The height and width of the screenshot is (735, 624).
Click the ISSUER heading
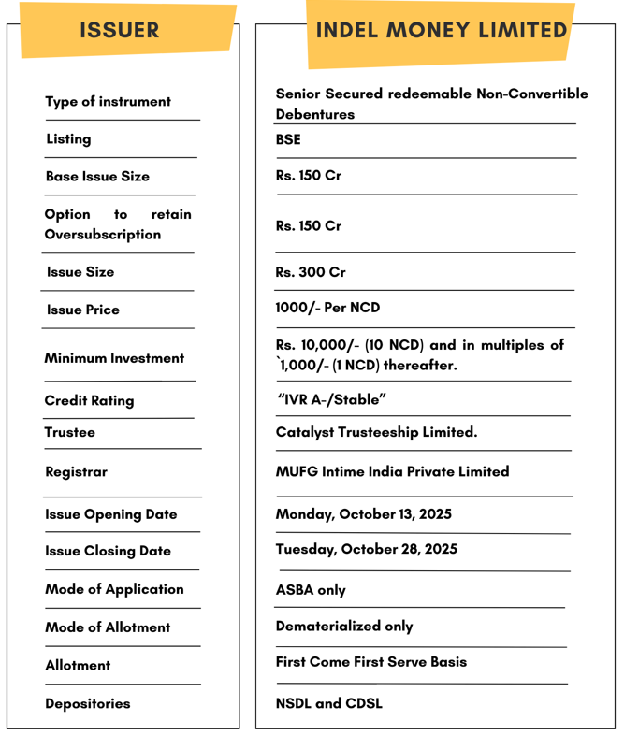120,30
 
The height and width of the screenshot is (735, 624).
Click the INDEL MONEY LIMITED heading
442,30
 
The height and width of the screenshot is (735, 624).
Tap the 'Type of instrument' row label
109,101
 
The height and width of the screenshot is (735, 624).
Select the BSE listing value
288,139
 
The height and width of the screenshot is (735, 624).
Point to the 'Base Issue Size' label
97,176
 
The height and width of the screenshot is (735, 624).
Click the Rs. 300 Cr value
311,272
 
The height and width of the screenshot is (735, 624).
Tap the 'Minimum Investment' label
114,358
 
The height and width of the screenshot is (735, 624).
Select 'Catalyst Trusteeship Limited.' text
376,432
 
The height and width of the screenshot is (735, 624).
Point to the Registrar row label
76,472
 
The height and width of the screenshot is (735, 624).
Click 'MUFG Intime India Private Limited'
392,471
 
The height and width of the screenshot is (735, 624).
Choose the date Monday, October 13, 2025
363,514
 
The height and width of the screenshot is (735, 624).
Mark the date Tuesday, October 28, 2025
366,549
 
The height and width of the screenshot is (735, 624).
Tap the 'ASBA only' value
311,590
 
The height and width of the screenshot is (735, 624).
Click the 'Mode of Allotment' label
108,627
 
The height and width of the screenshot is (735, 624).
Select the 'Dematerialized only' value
344,626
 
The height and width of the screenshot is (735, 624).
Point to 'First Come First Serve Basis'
370,661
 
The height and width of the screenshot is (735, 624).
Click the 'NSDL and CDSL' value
328,703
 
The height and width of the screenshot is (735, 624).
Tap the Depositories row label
88,703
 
